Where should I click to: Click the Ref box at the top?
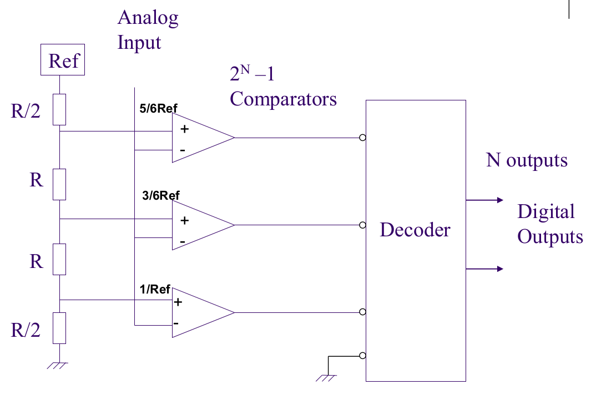coord(63,60)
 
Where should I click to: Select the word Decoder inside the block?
coord(415,229)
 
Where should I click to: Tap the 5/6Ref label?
coord(159,108)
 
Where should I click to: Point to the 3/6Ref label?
coord(160,195)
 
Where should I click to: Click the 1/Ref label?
coord(155,290)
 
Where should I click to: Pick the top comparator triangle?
coord(200,138)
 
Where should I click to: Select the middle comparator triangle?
coord(200,225)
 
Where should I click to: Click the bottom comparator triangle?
coord(200,312)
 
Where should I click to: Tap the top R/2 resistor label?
coord(26,111)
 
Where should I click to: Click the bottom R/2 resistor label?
coord(26,330)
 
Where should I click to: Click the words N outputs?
coord(527,160)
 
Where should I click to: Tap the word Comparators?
coord(283,99)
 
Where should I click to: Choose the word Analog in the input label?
coord(148,18)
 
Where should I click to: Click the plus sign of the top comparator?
coord(184,129)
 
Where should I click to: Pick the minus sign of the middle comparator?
coord(183,242)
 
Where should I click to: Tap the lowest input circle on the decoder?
coord(362,356)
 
